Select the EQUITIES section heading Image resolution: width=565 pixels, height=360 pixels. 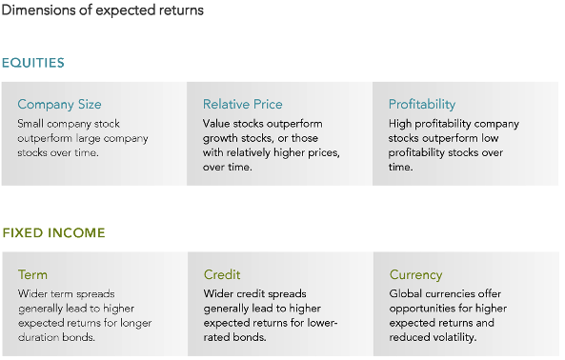coord(33,63)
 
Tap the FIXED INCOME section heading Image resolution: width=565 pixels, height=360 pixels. coord(53,232)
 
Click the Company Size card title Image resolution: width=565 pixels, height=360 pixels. coord(59,104)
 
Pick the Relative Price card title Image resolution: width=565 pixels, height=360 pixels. coord(242,104)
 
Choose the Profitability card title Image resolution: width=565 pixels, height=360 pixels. coord(422,104)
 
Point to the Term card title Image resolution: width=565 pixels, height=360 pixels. coord(32,275)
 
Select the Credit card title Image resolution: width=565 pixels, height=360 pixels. coord(222,275)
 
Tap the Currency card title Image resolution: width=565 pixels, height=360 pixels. coord(415,275)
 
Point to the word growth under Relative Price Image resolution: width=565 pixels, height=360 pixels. coord(221,138)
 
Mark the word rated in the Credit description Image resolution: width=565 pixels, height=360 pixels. coord(218,337)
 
